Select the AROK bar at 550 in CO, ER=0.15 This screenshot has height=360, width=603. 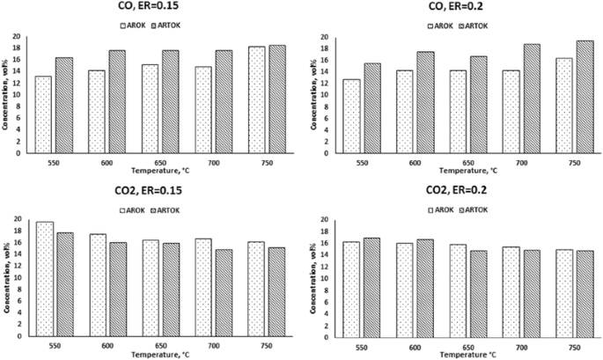pyautogui.click(x=43, y=114)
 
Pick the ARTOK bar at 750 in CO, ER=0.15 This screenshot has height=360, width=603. pyautogui.click(x=276, y=99)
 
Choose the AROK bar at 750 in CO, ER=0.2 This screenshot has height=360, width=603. pyautogui.click(x=563, y=106)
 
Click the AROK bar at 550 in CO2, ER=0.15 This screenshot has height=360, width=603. pyautogui.click(x=44, y=278)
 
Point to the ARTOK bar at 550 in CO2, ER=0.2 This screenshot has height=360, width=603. pyautogui.click(x=371, y=287)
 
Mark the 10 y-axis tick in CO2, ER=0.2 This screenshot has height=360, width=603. pyautogui.click(x=324, y=278)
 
